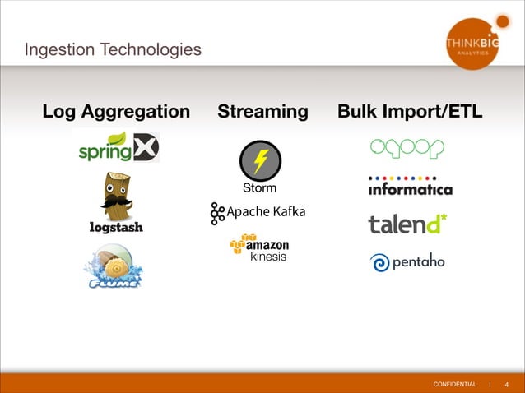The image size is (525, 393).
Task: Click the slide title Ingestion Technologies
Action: [x=114, y=50]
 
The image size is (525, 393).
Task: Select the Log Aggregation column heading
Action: [x=116, y=111]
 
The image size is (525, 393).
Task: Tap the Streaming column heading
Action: [x=262, y=111]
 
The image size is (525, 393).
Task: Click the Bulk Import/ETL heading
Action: [x=410, y=111]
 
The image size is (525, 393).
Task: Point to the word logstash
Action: [x=115, y=229]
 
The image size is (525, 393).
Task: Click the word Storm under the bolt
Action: [x=259, y=189]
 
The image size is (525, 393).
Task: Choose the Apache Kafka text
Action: [x=266, y=212]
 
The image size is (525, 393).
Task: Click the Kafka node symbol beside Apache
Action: [x=217, y=213]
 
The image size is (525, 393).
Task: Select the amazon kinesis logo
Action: [x=258, y=249]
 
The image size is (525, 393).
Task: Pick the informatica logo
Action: [x=410, y=187]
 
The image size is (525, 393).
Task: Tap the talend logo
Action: [x=407, y=224]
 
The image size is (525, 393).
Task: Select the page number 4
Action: [x=506, y=384]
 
